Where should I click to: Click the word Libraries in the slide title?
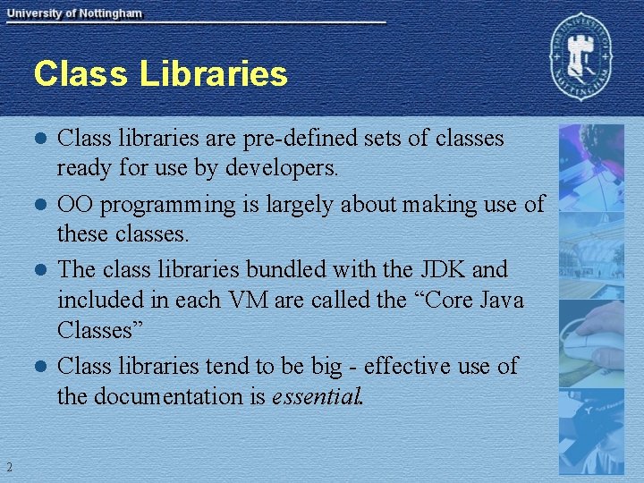(x=213, y=73)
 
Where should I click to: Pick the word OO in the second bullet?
(x=75, y=205)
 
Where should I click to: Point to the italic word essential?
(x=315, y=395)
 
